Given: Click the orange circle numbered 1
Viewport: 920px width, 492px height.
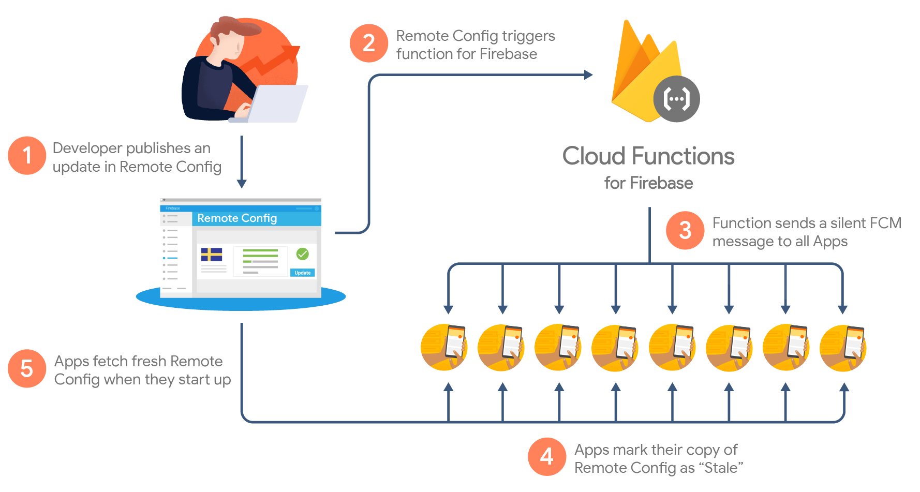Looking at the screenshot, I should [27, 155].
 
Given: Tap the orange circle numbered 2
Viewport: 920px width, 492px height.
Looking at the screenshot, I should [368, 43].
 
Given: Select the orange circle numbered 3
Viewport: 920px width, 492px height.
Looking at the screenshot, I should [685, 230].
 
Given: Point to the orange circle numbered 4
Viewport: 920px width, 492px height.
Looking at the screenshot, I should [546, 456].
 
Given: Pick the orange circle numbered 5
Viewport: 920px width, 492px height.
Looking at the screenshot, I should [27, 368].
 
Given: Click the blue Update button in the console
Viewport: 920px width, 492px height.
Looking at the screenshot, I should [303, 273].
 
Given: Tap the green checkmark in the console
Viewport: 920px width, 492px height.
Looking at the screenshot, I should [303, 254].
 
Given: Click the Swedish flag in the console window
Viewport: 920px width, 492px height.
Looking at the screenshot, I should [212, 255].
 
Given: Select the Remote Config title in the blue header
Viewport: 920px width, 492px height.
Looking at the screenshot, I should [237, 218].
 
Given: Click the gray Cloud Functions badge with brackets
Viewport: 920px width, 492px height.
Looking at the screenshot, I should [676, 99].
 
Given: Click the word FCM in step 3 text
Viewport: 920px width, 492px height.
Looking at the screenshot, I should [885, 223].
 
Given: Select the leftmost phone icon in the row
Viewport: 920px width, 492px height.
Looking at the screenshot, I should [444, 347].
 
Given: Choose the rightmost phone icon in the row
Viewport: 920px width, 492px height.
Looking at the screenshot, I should [843, 347].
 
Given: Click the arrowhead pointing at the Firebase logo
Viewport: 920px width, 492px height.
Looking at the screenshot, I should [588, 75].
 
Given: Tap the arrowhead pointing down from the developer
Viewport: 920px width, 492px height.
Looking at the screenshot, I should [242, 184].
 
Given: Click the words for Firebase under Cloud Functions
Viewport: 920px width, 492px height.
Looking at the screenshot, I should [648, 183].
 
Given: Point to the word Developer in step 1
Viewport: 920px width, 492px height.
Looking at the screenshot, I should [87, 148].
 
